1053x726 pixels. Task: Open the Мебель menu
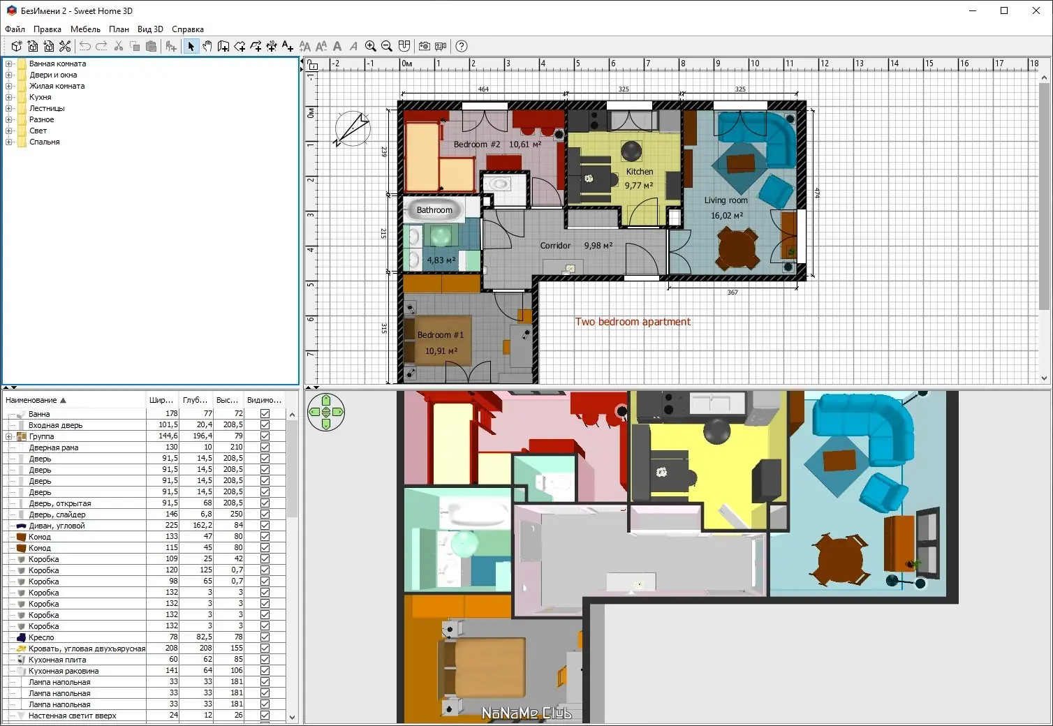click(85, 29)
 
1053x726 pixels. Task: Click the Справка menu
click(188, 29)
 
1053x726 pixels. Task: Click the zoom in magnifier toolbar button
click(370, 46)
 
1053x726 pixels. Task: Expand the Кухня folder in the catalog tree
click(9, 97)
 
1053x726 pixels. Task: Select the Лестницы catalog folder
click(47, 108)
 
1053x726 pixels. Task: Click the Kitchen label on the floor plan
click(640, 172)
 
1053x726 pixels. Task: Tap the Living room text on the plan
click(726, 200)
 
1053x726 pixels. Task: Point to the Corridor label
click(555, 245)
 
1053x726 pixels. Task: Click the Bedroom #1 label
click(441, 334)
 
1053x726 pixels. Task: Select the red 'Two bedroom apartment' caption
click(633, 322)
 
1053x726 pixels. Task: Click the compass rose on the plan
click(352, 128)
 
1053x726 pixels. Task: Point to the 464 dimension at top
click(483, 89)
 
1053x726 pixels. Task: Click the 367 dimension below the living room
click(732, 292)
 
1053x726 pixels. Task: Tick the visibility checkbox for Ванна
click(265, 413)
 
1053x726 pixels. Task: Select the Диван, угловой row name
click(57, 526)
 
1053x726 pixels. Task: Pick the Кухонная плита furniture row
click(57, 660)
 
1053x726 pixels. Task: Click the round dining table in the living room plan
click(736, 248)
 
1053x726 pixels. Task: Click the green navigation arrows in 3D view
click(326, 412)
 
